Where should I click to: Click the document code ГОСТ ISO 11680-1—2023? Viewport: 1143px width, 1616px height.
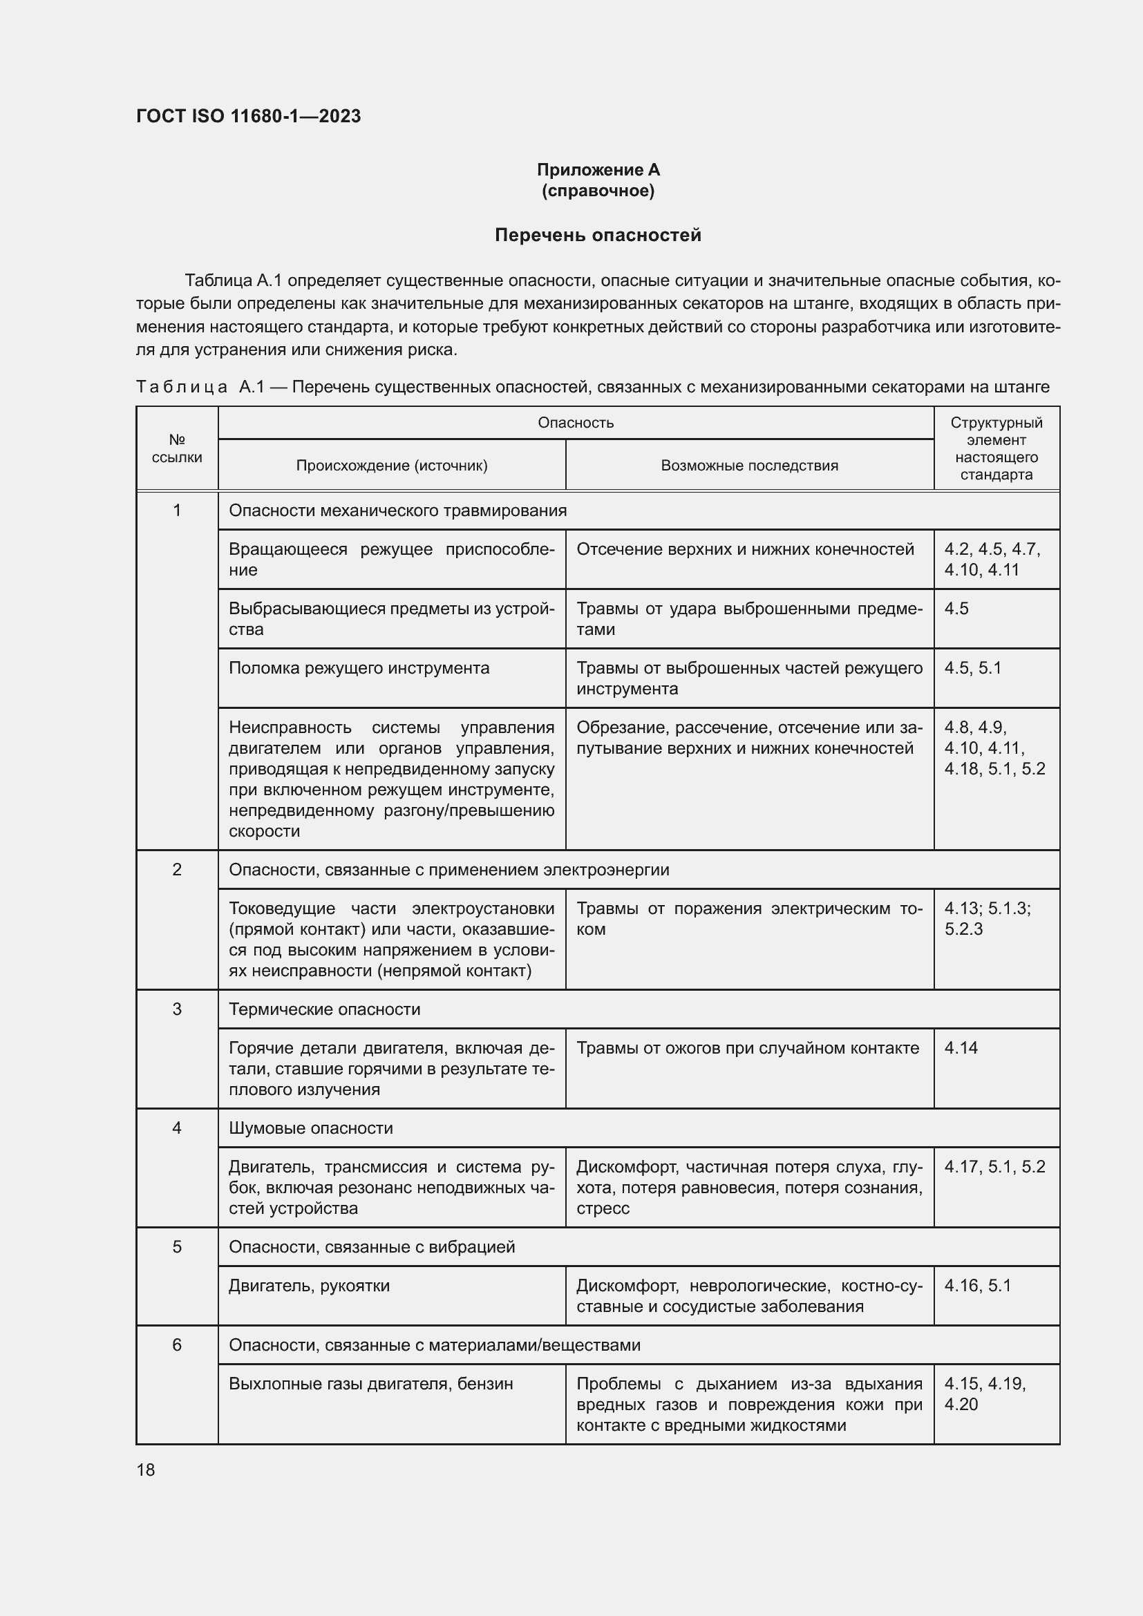(x=248, y=116)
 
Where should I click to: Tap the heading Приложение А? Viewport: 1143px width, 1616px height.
(x=598, y=170)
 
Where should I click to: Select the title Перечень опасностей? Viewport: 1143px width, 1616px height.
(x=598, y=235)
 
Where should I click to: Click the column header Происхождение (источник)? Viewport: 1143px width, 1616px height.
(x=391, y=465)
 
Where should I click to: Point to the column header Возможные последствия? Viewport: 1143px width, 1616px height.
(x=749, y=465)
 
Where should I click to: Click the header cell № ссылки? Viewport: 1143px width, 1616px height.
(x=177, y=448)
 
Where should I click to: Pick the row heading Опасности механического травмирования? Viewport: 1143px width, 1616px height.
(x=397, y=511)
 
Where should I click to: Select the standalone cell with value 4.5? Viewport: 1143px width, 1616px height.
(x=956, y=609)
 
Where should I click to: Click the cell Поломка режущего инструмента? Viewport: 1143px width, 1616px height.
(x=359, y=668)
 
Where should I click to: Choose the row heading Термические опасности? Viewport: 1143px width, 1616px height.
(x=325, y=1009)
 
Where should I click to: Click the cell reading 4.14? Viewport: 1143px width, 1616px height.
(x=961, y=1048)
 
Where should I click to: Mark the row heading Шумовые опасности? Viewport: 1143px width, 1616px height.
(x=310, y=1128)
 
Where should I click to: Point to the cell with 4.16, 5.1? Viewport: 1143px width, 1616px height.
(x=977, y=1286)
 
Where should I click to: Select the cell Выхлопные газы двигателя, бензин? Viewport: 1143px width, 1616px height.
(x=370, y=1384)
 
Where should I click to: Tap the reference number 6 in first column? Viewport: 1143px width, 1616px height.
(x=177, y=1345)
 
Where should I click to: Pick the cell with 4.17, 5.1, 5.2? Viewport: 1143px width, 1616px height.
(x=994, y=1167)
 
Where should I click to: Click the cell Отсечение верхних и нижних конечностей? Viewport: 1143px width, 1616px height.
(x=745, y=550)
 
